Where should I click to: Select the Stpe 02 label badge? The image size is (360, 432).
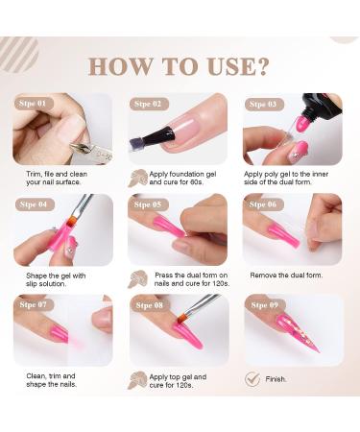coord(149,103)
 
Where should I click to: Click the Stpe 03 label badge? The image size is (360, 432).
coord(263,103)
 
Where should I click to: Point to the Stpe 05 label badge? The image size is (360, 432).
coord(149,204)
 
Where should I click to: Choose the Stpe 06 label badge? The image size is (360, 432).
coord(263,204)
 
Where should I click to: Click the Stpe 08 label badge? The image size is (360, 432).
coord(149,304)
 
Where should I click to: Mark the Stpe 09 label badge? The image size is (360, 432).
coord(263,304)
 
